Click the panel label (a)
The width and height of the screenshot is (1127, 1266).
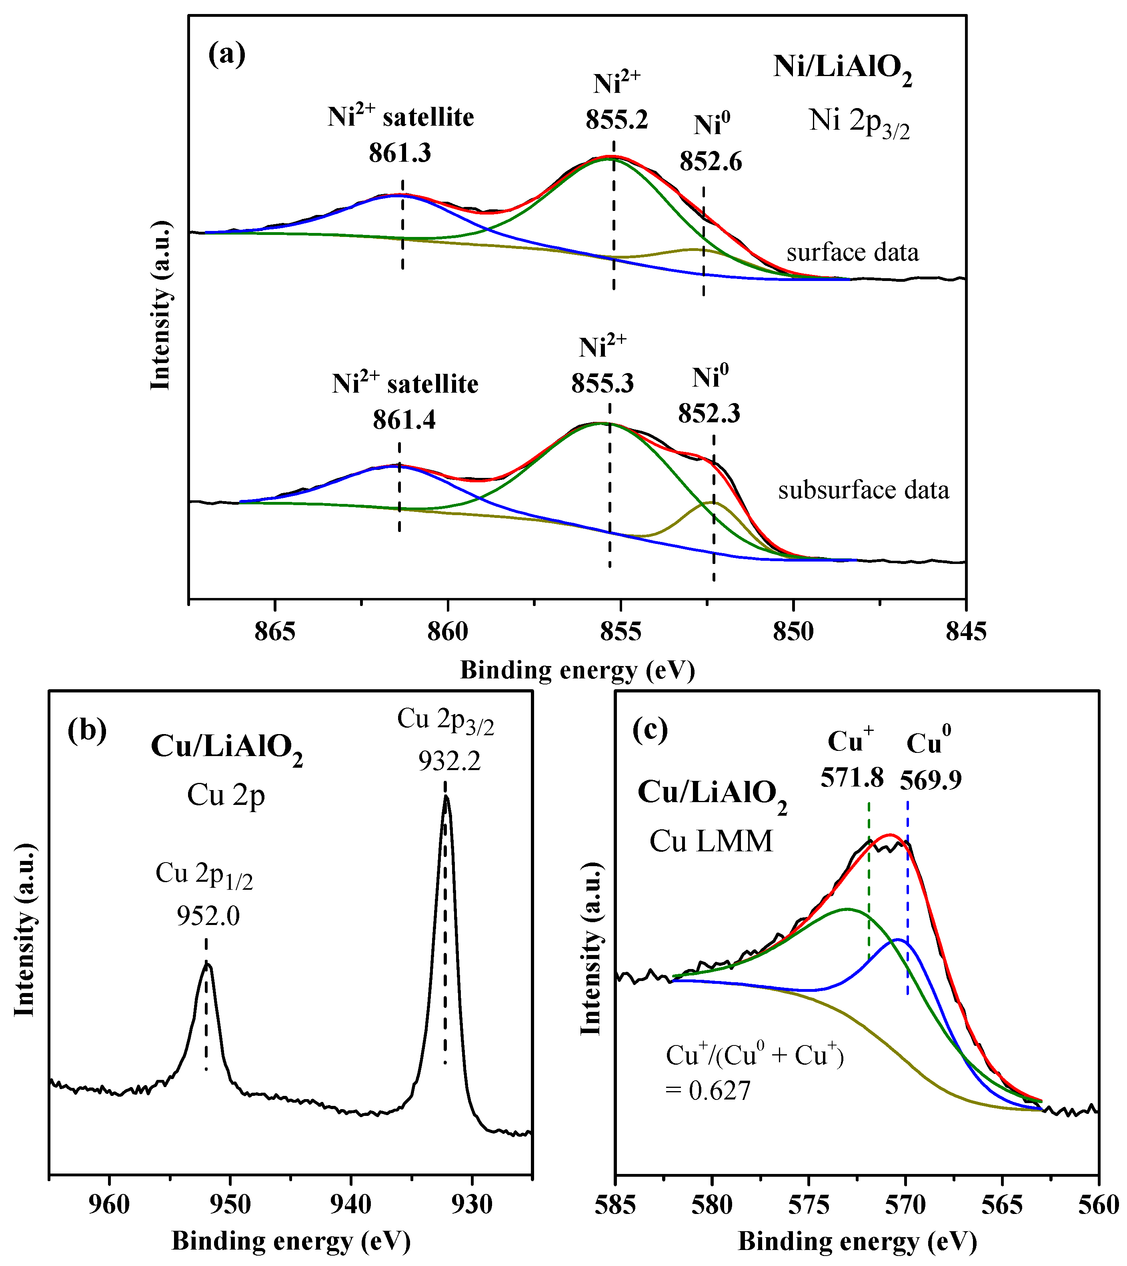226,54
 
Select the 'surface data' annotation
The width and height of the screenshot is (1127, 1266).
852,253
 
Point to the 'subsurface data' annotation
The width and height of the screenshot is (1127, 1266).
863,490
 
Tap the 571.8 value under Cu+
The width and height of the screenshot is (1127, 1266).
852,777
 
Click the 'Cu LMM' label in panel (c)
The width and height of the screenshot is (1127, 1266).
711,841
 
